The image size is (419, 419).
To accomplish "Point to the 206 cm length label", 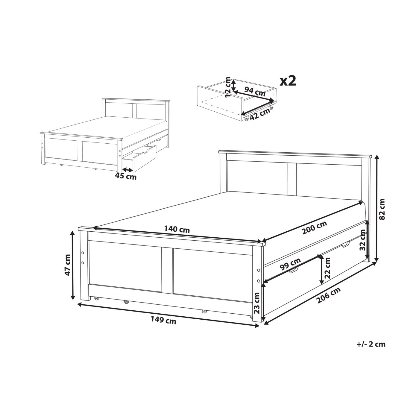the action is point(329,295).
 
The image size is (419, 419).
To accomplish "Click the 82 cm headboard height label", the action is point(382,209).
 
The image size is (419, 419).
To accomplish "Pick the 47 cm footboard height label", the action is point(68,265).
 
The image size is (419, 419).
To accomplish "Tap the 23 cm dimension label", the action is point(257,303).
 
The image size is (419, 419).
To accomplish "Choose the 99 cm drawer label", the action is point(290,264).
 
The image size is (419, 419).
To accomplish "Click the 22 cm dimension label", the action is point(327,268).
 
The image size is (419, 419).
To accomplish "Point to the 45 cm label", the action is point(126,176).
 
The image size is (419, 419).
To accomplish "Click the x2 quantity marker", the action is point(288,81).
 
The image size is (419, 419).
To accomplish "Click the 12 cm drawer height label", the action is point(228,87).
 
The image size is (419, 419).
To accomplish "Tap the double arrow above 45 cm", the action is point(127,170).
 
